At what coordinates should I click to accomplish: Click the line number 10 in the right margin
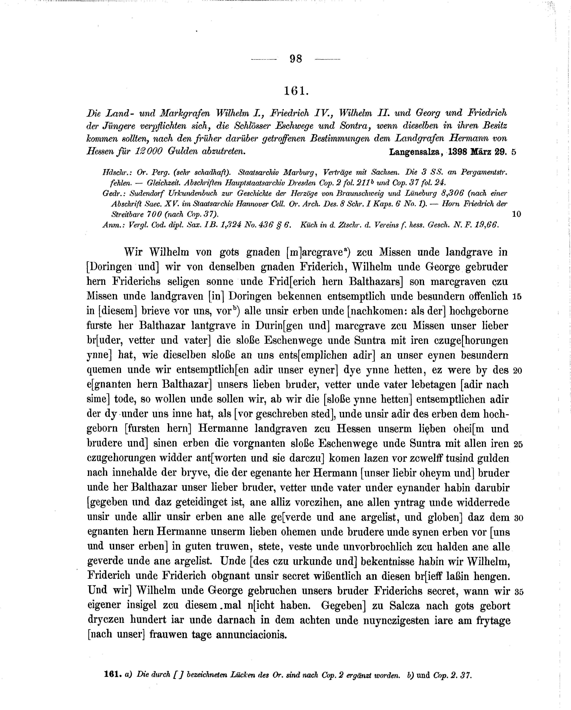[x=517, y=214]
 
